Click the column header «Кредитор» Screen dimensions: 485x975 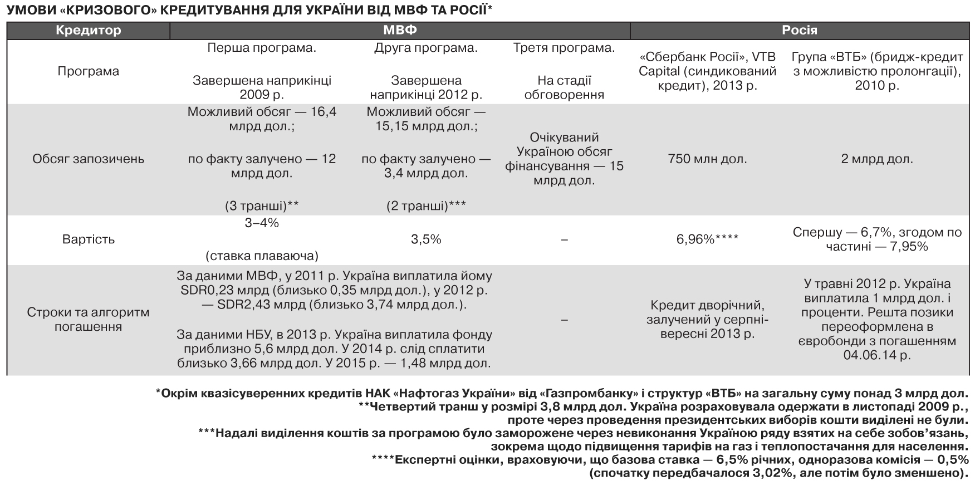[x=88, y=31]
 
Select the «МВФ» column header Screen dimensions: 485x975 [x=399, y=31]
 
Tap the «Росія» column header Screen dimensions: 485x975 [x=799, y=31]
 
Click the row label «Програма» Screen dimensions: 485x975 [x=88, y=71]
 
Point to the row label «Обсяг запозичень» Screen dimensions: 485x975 [x=88, y=159]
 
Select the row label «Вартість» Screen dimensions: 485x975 [x=88, y=239]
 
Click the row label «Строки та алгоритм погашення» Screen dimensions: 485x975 [x=88, y=319]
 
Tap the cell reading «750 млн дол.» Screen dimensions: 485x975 [x=707, y=159]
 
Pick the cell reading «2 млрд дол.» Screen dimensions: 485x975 [x=877, y=159]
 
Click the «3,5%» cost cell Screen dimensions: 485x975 [x=426, y=239]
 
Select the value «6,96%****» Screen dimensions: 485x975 [x=707, y=239]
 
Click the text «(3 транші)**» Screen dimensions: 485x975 [x=262, y=206]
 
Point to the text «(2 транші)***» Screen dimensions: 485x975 [x=426, y=206]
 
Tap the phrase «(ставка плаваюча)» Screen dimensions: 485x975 [x=262, y=256]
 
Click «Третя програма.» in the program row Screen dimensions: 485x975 [x=564, y=48]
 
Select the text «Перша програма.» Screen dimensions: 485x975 [x=262, y=48]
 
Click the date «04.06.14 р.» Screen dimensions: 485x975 [x=877, y=355]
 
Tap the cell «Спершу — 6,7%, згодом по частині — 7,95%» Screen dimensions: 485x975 [x=877, y=239]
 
